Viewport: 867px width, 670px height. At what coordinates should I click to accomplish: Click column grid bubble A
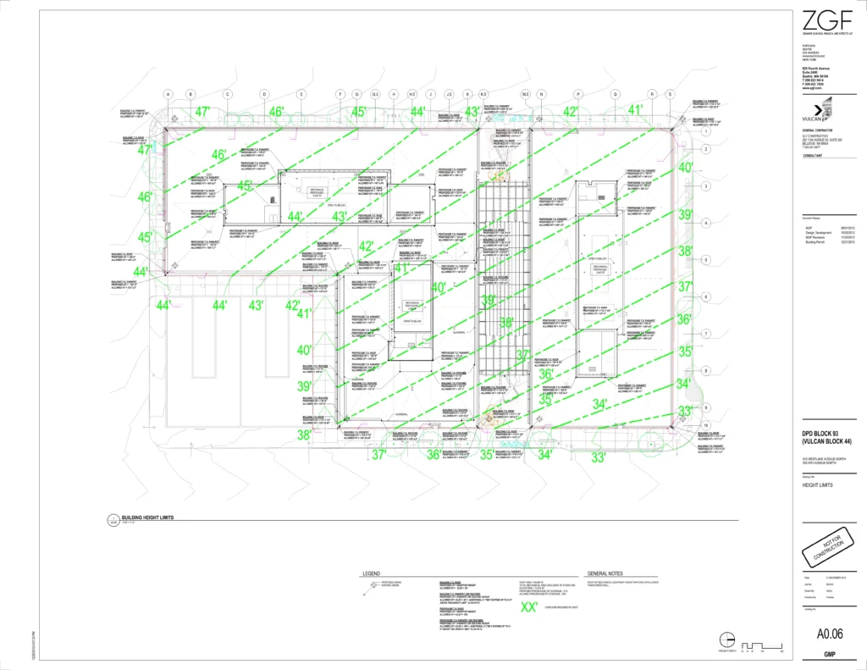tap(168, 93)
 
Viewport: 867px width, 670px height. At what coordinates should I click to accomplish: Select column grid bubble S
tap(669, 93)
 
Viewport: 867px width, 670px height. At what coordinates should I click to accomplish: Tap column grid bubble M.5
tap(525, 93)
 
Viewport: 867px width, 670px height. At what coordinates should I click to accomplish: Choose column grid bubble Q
tap(615, 93)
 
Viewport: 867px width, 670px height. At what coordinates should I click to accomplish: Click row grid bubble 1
tap(704, 131)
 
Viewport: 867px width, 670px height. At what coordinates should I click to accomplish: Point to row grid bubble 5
tap(704, 260)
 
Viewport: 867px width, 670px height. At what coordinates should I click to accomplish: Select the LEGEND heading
tap(372, 573)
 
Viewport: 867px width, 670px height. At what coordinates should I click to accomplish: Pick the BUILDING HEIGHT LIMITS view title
tap(147, 518)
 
